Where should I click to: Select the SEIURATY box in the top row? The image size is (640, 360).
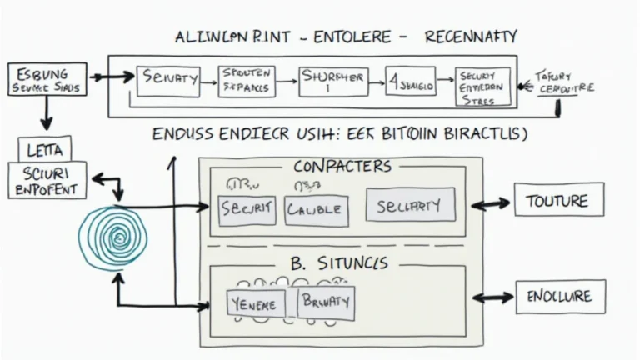point(168,80)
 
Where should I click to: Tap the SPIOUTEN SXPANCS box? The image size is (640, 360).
point(247,80)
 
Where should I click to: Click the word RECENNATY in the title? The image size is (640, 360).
point(470,37)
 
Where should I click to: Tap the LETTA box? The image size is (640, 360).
point(44,150)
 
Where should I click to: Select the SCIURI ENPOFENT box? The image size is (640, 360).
point(47,181)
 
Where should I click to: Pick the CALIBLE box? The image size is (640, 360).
point(314,210)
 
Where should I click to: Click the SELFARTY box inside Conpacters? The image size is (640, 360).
point(410,204)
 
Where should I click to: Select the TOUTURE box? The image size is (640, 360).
point(557,201)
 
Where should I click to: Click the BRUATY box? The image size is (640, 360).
point(326,301)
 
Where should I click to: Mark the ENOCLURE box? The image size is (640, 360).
point(559,297)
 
